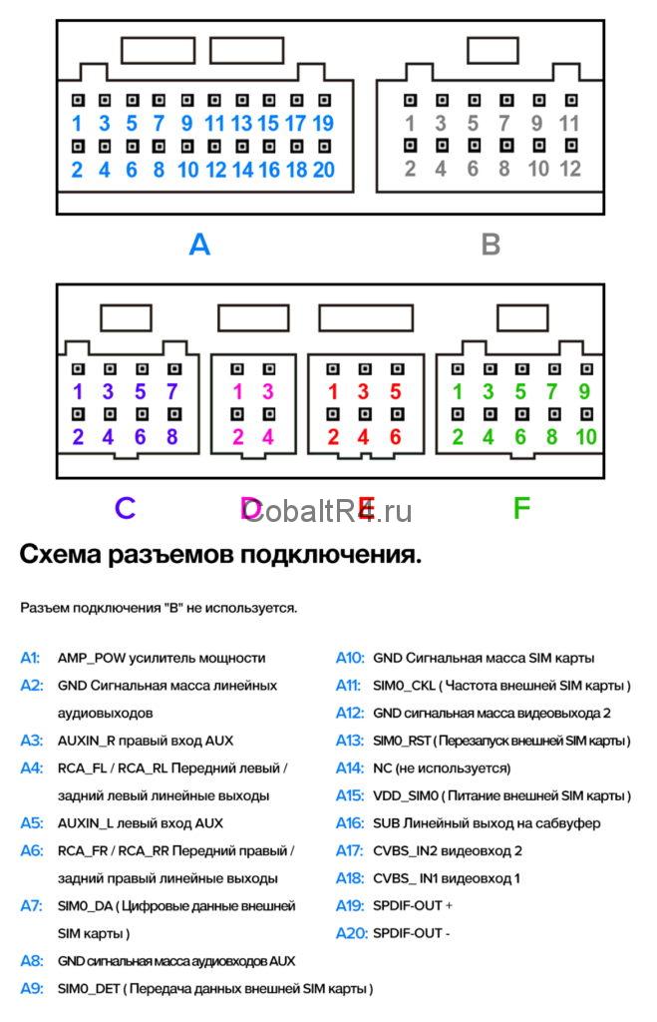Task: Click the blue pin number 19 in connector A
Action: (x=323, y=125)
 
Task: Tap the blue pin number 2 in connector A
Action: (x=77, y=170)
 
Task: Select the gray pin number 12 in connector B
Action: (x=569, y=169)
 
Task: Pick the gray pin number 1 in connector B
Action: (x=409, y=125)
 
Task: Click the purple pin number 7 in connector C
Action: (x=171, y=392)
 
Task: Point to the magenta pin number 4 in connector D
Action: (x=267, y=436)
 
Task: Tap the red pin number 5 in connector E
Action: (x=395, y=392)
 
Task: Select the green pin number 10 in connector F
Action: (x=584, y=436)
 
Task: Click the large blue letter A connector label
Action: (x=199, y=245)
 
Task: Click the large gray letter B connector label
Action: (x=490, y=245)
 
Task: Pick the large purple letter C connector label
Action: (x=124, y=509)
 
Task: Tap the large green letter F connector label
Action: (x=520, y=509)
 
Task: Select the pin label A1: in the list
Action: (x=31, y=658)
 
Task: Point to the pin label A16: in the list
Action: (x=349, y=823)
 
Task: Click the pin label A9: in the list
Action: (x=31, y=988)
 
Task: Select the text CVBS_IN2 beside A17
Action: (x=405, y=850)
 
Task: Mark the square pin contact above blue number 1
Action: (x=77, y=101)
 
